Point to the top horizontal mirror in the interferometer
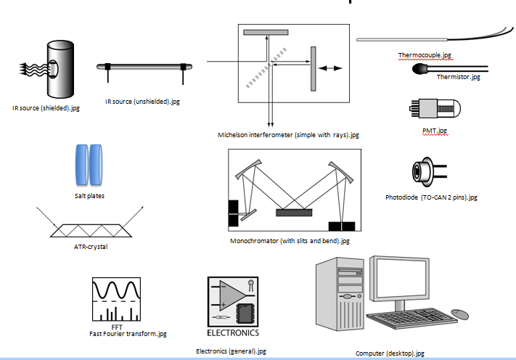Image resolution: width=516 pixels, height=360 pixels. (x=266, y=32)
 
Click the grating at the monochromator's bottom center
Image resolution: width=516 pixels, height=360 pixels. (x=295, y=213)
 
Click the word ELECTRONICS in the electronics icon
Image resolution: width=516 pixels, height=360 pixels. (x=232, y=333)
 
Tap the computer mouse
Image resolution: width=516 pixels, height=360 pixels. (x=459, y=314)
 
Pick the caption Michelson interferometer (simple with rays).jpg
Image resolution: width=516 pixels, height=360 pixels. (x=288, y=135)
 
